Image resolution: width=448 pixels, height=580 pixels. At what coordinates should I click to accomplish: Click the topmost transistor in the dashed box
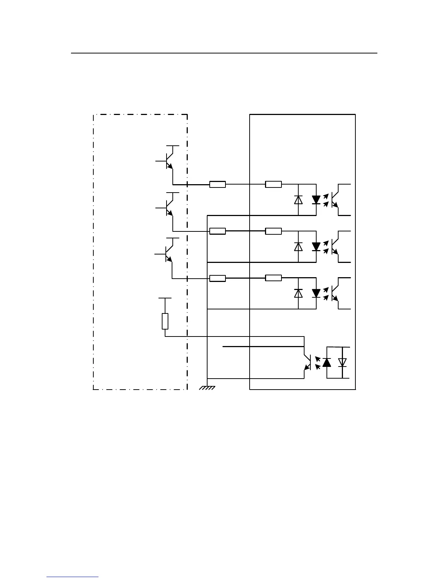[169, 161]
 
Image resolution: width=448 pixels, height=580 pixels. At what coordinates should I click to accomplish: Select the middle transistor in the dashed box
[169, 208]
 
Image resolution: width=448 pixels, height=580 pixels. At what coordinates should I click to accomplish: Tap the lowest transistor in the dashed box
[169, 254]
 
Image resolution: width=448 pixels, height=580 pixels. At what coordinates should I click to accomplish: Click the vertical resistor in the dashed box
[165, 321]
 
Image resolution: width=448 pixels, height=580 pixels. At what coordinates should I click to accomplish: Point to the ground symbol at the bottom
[207, 387]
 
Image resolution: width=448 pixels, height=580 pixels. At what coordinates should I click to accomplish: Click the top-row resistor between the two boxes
[217, 185]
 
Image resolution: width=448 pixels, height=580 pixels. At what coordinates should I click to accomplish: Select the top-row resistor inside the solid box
[273, 184]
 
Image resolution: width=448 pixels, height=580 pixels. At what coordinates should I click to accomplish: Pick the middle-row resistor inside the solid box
[273, 231]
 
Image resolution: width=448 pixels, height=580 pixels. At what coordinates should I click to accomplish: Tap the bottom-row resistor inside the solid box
[273, 278]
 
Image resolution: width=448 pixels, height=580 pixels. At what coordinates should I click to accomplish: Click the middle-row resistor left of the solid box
[217, 231]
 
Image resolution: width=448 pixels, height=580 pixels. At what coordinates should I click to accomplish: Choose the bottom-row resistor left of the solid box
[217, 278]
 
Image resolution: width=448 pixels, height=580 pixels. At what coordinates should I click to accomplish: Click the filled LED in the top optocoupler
[316, 200]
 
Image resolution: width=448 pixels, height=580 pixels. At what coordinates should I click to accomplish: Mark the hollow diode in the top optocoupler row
[298, 200]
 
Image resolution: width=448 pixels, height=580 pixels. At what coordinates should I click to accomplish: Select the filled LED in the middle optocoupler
[316, 246]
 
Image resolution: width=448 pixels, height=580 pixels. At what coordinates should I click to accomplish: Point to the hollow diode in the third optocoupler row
[298, 293]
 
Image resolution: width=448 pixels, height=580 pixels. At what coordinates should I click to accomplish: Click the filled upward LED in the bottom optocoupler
[326, 362]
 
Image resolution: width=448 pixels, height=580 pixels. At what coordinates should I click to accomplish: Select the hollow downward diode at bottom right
[342, 362]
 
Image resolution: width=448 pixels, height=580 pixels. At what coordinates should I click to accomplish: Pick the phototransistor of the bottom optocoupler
[308, 362]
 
